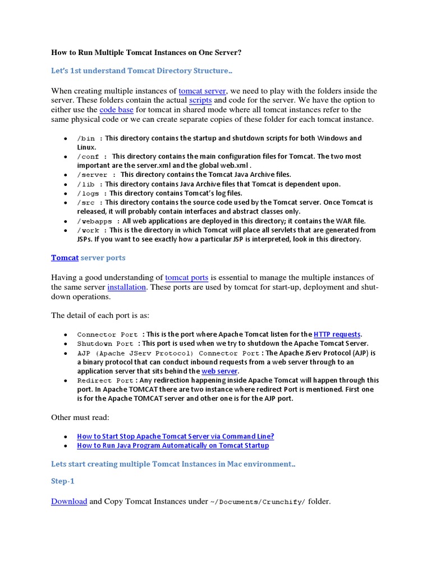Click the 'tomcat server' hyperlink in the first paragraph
click(203, 91)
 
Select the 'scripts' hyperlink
click(200, 101)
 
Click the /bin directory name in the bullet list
click(86, 138)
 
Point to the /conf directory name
click(89, 157)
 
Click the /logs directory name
click(89, 193)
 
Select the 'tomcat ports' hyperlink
click(186, 278)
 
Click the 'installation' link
click(127, 287)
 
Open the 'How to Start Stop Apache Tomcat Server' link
click(175, 436)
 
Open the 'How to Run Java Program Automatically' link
click(173, 445)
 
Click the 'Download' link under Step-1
click(69, 501)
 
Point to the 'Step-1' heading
click(62, 482)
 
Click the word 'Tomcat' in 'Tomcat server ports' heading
click(65, 258)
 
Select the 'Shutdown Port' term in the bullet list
click(105, 344)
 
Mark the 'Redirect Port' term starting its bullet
click(105, 381)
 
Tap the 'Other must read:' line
click(80, 417)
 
